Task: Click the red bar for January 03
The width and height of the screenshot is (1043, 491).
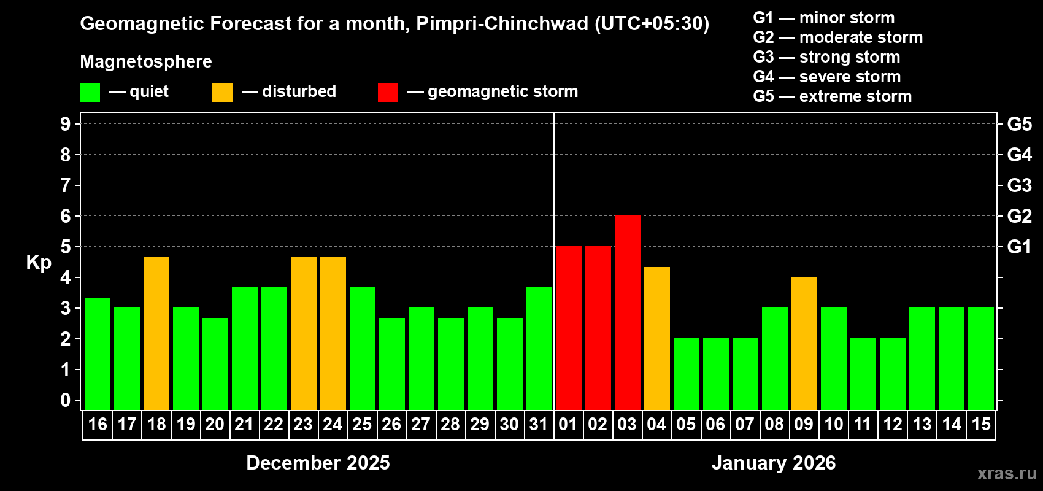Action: coord(627,312)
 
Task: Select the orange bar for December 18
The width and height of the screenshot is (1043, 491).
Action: coord(156,333)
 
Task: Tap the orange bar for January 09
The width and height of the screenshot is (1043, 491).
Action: coord(804,343)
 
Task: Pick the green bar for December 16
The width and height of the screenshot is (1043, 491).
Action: coord(98,354)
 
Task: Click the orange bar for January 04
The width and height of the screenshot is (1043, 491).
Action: coord(656,338)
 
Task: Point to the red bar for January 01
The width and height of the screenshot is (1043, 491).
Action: coord(568,328)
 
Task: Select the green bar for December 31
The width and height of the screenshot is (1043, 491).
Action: coord(539,348)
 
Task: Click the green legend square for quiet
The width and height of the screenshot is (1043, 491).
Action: coord(90,93)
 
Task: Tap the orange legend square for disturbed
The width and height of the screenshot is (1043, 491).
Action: coord(222,93)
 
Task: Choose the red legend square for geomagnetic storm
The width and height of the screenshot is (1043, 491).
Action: coord(388,93)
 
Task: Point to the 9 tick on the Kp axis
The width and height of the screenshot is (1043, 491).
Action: coord(66,124)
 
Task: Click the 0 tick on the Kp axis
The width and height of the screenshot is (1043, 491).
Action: coord(66,401)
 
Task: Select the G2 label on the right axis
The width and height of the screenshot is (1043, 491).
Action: coord(1019,216)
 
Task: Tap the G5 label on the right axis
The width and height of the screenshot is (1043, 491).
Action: coord(1019,124)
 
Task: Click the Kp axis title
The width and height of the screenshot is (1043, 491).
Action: coord(39,263)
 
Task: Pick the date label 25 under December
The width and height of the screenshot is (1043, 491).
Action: coord(362,425)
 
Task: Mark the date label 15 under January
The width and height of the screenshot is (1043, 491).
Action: coord(980,425)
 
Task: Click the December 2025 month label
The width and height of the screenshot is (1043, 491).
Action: coord(318,463)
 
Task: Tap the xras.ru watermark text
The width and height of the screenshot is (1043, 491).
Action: coord(1006,473)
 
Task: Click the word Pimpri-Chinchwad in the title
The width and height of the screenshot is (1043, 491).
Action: coord(502,24)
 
